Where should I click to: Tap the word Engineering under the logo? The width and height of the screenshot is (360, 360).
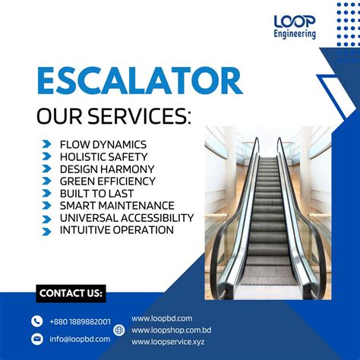click(x=295, y=34)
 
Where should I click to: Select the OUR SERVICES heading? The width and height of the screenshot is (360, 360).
click(x=115, y=118)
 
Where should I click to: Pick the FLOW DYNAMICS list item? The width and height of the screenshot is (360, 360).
click(x=103, y=144)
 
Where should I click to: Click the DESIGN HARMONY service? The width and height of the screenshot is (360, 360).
click(x=107, y=169)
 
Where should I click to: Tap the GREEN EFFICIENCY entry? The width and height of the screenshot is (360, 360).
click(x=107, y=181)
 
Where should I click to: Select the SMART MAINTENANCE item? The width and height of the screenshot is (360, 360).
click(x=117, y=205)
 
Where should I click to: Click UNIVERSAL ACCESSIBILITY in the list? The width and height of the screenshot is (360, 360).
click(x=126, y=217)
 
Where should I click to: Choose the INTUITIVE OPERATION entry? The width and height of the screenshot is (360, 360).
click(x=116, y=229)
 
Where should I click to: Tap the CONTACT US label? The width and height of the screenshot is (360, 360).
click(x=71, y=293)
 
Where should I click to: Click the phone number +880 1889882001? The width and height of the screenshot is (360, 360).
click(x=80, y=321)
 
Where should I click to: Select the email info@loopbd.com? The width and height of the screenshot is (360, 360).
click(x=80, y=339)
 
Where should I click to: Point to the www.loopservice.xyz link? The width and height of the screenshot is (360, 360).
click(x=168, y=343)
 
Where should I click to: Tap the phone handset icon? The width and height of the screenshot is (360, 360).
click(x=37, y=321)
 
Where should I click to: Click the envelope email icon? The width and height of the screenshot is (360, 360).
click(x=37, y=339)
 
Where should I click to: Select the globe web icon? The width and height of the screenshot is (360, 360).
click(x=119, y=330)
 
